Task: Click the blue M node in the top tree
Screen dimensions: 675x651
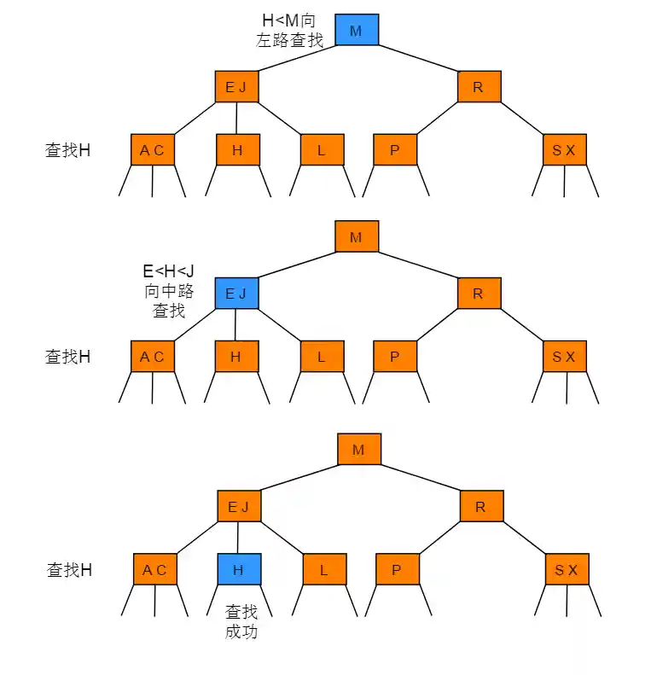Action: [356, 31]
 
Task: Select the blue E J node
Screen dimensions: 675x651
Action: [235, 294]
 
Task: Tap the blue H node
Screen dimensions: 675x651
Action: [238, 570]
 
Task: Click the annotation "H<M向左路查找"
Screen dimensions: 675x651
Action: [290, 30]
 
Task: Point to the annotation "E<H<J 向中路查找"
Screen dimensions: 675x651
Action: [169, 291]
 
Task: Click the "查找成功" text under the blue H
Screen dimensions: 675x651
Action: [241, 622]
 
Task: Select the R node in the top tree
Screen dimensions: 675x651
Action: [478, 87]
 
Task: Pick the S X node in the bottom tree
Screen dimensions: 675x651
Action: [566, 570]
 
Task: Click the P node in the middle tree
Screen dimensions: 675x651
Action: [394, 357]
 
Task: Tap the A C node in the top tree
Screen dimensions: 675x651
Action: [152, 151]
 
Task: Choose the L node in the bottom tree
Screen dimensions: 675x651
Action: [324, 570]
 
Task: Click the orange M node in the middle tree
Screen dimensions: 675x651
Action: [356, 237]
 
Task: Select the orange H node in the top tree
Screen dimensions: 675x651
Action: [237, 151]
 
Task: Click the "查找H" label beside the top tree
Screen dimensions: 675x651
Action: [67, 151]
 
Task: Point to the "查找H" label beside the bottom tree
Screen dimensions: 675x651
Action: [69, 570]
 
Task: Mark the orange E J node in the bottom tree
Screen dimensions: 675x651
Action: [238, 507]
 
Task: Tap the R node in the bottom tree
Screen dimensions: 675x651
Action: [480, 507]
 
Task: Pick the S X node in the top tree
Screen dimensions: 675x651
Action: [564, 151]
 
